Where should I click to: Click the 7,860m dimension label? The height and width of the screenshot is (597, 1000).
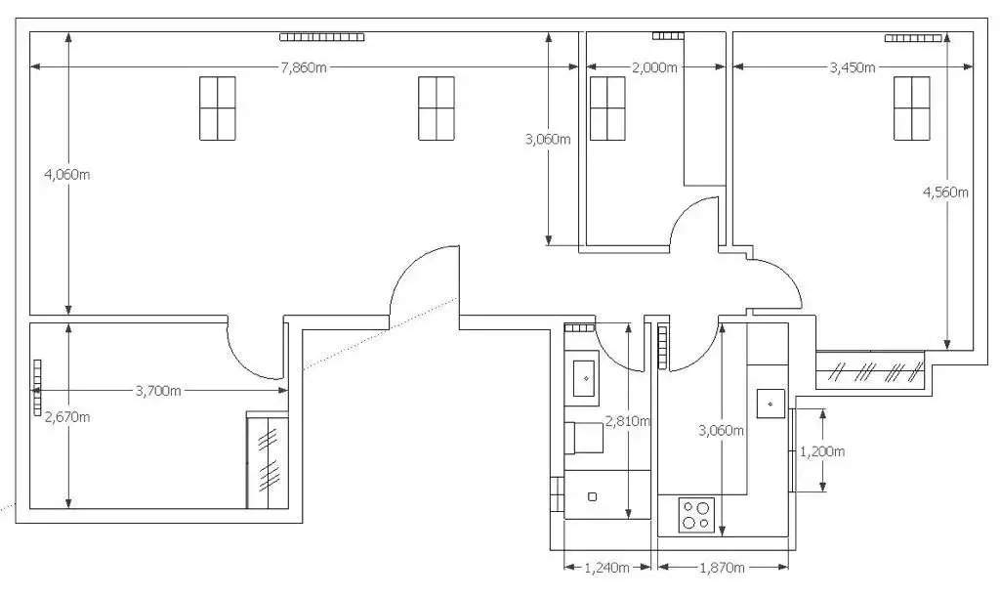point(304,67)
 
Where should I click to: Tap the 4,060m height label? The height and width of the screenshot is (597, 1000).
point(67,174)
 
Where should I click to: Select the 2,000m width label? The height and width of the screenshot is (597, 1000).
point(654,67)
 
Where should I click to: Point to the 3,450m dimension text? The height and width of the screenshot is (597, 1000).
point(852,67)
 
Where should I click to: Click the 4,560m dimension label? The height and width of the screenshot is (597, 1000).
point(945,192)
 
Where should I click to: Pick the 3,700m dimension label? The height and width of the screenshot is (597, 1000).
point(158,391)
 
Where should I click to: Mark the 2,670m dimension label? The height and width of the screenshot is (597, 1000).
point(67,417)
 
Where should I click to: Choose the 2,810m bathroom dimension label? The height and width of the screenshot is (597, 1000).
point(628,421)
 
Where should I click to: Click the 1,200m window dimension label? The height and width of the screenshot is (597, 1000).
point(822,451)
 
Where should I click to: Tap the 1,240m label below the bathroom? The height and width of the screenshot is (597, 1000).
point(607,567)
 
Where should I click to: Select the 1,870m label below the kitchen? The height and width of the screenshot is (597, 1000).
point(722,567)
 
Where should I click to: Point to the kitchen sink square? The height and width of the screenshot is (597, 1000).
point(771,404)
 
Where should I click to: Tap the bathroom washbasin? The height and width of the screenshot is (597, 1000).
point(585,378)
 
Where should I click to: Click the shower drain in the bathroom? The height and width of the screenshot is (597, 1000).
point(593,496)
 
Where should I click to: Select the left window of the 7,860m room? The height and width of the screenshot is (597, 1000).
point(218,108)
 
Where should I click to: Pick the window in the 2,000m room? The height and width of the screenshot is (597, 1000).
point(607,108)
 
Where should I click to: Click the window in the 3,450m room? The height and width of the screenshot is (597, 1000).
point(911,108)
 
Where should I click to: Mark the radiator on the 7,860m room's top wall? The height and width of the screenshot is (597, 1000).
point(322,37)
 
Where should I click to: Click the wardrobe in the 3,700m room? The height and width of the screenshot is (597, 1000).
point(268,460)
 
